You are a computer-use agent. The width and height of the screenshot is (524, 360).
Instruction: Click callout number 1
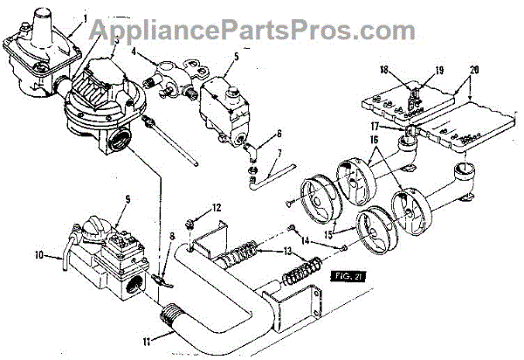(86, 18)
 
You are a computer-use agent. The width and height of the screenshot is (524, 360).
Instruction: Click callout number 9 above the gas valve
(128, 199)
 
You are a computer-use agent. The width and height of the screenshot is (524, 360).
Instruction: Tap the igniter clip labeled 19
(414, 93)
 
